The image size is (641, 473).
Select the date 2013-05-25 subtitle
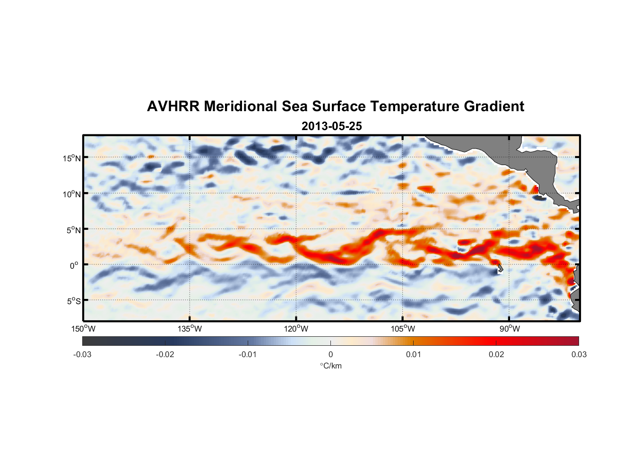pos(331,126)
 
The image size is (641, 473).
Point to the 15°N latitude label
pos(72,158)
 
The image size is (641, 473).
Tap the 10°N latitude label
pos(72,194)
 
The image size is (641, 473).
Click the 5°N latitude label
pos(73,230)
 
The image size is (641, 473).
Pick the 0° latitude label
pos(74,265)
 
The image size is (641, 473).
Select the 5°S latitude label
pos(73,301)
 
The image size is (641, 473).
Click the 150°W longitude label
pos(83,329)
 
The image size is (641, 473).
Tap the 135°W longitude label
pos(190,329)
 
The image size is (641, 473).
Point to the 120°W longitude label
pos(296,329)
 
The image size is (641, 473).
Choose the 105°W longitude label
pos(403,329)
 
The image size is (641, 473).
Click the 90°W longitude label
pos(510,329)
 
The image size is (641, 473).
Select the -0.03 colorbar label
pos(82,354)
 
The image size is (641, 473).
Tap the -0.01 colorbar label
pos(248,354)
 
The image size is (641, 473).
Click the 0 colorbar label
pos(330,354)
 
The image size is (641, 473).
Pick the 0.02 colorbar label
pos(496,354)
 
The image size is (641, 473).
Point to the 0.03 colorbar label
pos(579,354)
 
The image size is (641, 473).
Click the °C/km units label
pos(331,366)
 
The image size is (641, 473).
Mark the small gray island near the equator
pos(500,269)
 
